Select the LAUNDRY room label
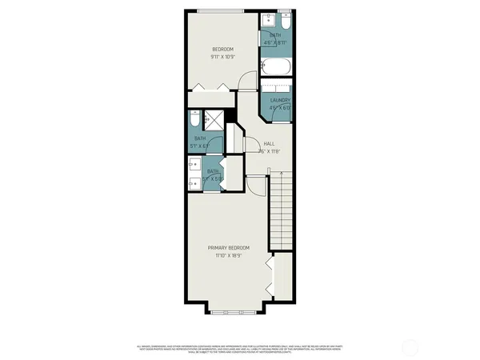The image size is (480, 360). [x=280, y=100]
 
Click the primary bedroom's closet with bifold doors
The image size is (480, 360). [x=281, y=275]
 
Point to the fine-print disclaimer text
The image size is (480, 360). [x=239, y=349]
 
